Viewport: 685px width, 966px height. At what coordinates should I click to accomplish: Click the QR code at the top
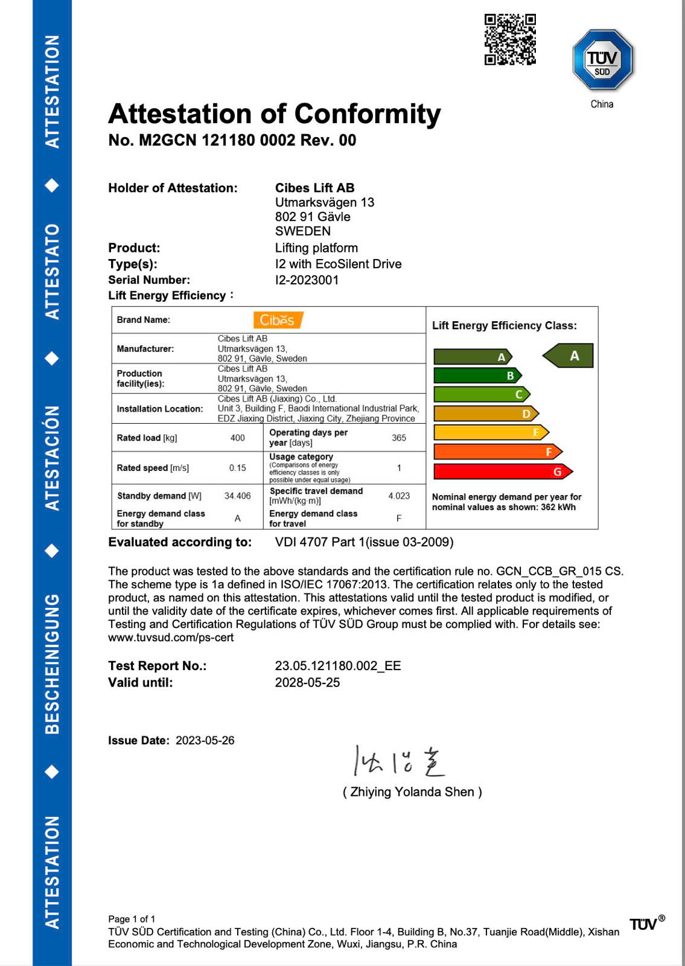coord(510,39)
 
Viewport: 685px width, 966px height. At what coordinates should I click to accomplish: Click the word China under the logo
coord(602,104)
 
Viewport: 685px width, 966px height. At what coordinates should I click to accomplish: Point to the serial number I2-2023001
coord(307,280)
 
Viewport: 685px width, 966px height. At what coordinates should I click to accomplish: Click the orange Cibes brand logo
coord(278,320)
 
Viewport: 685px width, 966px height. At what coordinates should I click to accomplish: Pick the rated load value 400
coord(238,438)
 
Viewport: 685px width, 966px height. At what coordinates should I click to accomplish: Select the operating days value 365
coord(399,438)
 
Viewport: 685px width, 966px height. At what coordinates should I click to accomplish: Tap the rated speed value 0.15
coord(238,468)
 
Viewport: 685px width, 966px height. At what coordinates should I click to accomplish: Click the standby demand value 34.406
coord(238,496)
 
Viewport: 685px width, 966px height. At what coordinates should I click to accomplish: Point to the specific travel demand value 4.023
coord(399,496)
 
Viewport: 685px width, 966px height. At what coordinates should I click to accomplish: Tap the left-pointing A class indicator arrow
coord(569,356)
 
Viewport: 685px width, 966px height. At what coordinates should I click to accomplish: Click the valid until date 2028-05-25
coord(307,683)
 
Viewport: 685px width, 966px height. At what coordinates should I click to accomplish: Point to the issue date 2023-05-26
coord(205,741)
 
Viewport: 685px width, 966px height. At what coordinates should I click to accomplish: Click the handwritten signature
coord(399,761)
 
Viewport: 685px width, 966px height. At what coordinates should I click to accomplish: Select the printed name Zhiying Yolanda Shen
coord(412,792)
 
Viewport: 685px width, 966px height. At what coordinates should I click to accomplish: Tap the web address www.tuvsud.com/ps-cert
coord(171,638)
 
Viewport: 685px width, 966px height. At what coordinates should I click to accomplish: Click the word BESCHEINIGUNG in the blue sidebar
coord(53,664)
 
